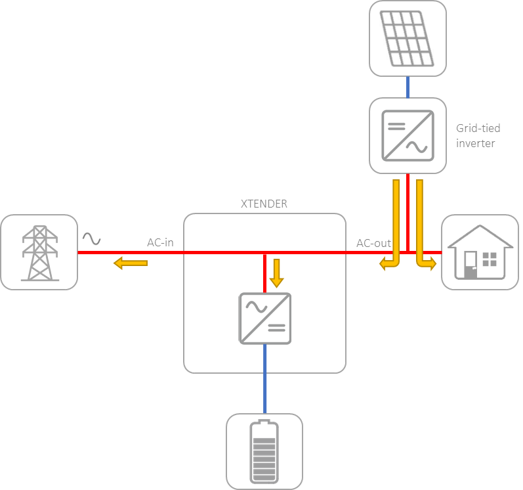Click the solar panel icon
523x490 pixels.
408,38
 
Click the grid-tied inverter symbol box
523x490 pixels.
408,135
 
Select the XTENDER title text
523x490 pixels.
264,204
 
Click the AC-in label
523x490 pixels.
160,243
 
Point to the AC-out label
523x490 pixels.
373,243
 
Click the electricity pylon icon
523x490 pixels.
39,253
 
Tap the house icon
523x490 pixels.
480,252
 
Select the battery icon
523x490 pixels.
265,451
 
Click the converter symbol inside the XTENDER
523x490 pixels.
265,319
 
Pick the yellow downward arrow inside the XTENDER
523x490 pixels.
276,273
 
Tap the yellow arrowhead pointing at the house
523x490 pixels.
432,265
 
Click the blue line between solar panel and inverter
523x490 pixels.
408,87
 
